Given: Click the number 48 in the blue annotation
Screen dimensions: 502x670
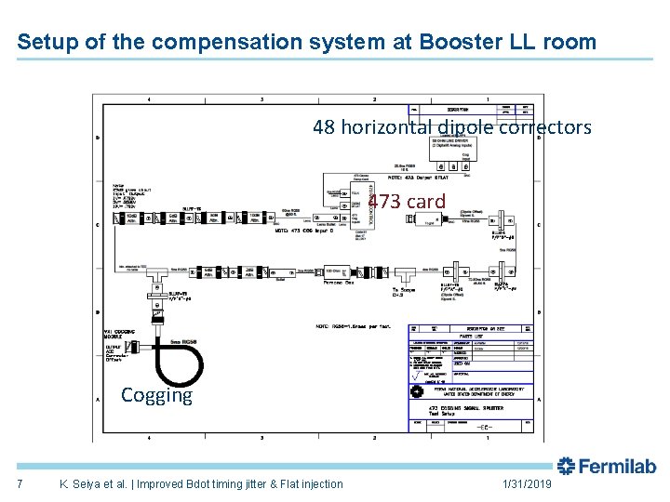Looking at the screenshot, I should [324, 126].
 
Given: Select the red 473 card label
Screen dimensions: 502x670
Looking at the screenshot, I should [407, 201].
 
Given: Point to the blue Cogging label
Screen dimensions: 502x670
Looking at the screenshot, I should [156, 395].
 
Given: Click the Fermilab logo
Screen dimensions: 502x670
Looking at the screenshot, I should [607, 466].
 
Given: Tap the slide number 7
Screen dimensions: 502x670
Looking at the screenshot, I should [20, 483].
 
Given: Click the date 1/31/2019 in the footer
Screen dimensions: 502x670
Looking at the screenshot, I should [526, 483].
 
